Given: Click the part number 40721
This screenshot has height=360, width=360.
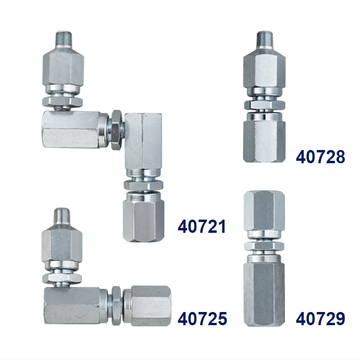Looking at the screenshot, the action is point(202,226).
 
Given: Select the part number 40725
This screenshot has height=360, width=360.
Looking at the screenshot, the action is point(202,319).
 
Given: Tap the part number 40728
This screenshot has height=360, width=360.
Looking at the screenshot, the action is point(320,157).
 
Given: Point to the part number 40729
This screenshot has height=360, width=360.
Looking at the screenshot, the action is point(320,319).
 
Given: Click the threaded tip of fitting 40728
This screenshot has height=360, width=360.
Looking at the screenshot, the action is point(265,40).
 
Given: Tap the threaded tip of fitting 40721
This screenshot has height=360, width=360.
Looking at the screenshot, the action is point(64,39).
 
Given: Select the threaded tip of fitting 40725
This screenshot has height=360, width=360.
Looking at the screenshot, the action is point(62,216).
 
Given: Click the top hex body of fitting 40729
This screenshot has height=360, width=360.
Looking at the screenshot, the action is point(264,211).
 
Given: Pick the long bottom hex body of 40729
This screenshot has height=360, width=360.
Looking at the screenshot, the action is point(264,294).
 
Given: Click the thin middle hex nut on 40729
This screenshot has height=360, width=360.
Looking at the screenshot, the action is point(264,246).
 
